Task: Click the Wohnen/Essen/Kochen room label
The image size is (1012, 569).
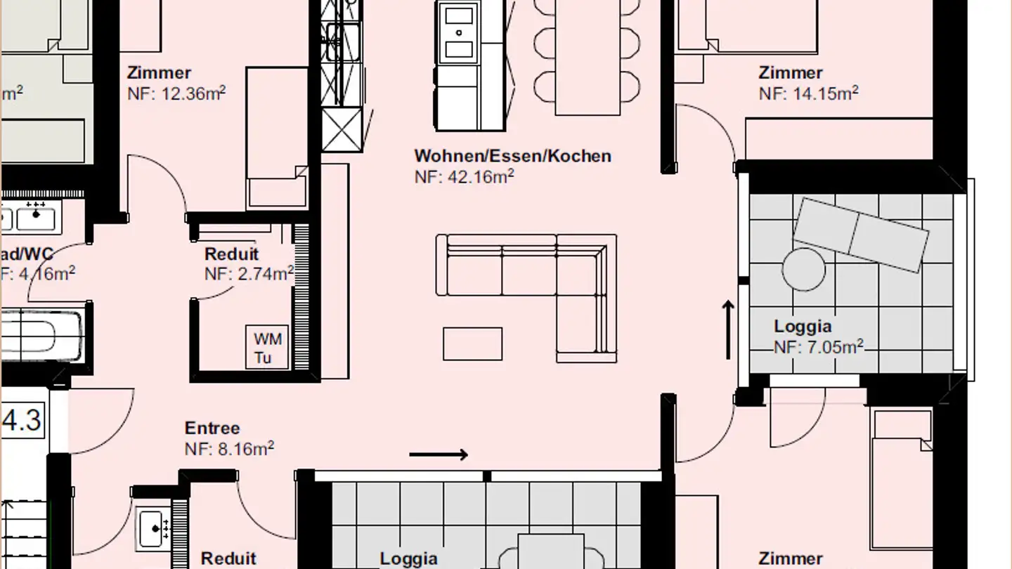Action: (512, 156)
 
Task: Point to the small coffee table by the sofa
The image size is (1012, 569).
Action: (472, 344)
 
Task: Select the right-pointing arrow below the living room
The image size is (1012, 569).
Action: (439, 454)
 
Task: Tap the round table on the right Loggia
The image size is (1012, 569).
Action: (804, 269)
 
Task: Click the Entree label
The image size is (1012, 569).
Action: (212, 428)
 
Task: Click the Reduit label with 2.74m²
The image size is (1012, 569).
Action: (231, 254)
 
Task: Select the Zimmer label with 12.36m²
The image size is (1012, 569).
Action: (159, 72)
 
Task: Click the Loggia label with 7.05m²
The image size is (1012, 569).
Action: (803, 326)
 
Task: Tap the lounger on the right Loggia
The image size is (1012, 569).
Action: (860, 234)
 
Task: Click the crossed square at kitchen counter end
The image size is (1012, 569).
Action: (342, 131)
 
